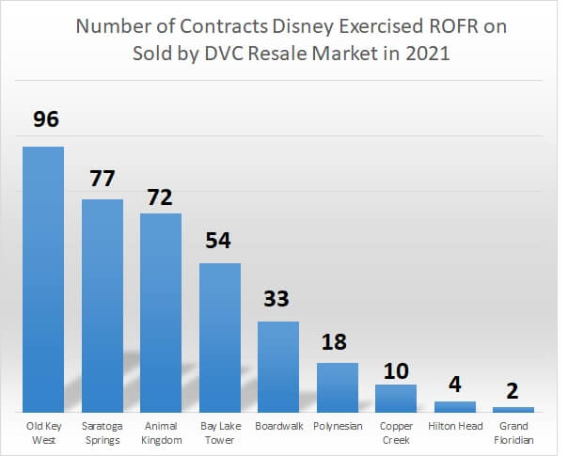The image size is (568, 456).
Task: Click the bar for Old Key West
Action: [43, 279]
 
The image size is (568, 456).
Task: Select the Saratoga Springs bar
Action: [103, 306]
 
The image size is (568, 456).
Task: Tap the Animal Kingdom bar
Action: [161, 313]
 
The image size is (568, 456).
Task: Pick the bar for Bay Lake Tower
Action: [220, 338]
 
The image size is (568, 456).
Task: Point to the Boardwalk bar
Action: [278, 367]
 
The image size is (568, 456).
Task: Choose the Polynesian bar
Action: [337, 387]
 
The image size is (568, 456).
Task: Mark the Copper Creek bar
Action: [396, 398]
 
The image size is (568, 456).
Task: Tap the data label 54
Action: [220, 240]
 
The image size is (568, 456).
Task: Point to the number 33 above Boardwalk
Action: [278, 299]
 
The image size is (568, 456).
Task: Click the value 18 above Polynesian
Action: [337, 340]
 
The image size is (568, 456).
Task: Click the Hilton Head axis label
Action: [454, 426]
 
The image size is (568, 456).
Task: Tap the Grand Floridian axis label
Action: [513, 432]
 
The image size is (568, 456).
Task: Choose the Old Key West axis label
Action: [43, 432]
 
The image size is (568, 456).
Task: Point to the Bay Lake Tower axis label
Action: [220, 432]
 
